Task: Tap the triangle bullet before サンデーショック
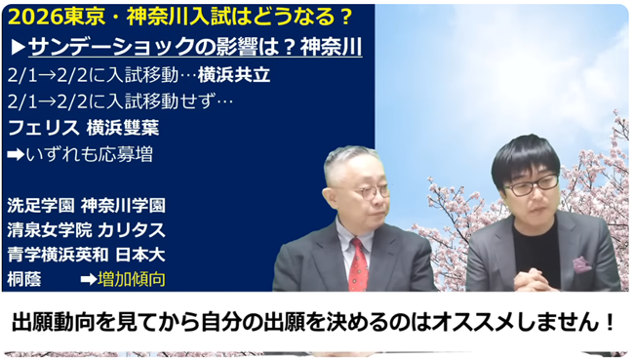tap(18, 47)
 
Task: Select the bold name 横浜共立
tap(232, 73)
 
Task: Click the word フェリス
tap(36, 127)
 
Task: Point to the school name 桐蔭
tap(23, 280)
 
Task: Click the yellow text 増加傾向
tap(131, 280)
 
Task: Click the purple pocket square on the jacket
tap(582, 263)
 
